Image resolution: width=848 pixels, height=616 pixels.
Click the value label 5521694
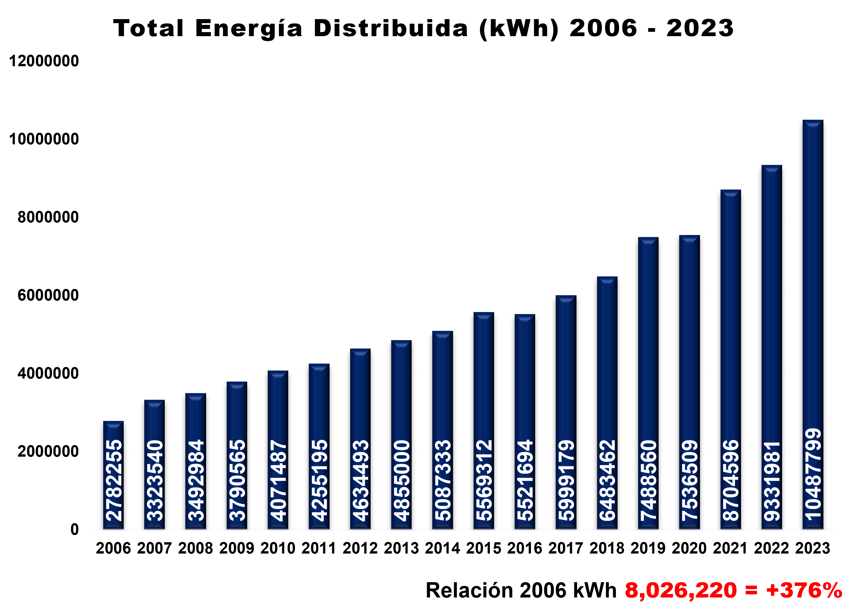pyautogui.click(x=525, y=481)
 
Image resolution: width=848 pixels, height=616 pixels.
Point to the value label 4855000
pyautogui.click(x=401, y=481)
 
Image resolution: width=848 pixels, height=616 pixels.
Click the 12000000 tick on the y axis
pyautogui.click(x=44, y=61)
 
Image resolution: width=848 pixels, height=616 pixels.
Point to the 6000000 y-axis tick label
pyautogui.click(x=48, y=295)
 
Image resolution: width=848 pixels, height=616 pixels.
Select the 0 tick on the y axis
pyautogui.click(x=74, y=530)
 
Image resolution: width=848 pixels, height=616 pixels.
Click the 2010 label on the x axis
pyautogui.click(x=278, y=548)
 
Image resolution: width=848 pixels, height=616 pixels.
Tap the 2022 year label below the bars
pyautogui.click(x=771, y=548)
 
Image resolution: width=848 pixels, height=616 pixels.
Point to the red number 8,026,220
pyautogui.click(x=680, y=591)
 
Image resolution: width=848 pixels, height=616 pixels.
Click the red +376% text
pyautogui.click(x=804, y=591)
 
